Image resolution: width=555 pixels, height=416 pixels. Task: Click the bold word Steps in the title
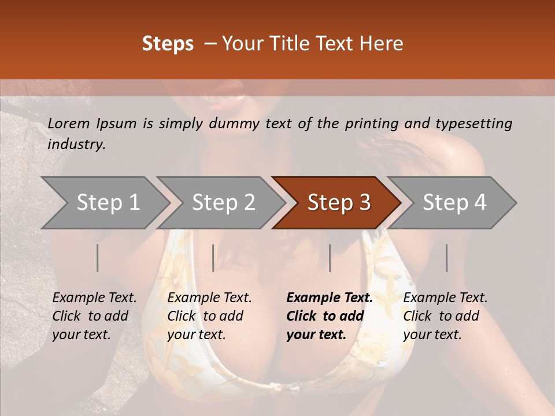click(x=168, y=44)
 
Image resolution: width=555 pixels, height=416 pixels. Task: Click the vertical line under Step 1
click(x=98, y=258)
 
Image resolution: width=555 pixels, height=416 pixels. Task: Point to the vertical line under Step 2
click(x=213, y=258)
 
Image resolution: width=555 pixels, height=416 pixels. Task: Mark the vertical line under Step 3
click(x=330, y=258)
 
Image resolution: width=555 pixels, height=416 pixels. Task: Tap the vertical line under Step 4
click(x=447, y=258)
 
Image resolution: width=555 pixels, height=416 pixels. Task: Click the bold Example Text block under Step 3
click(x=330, y=316)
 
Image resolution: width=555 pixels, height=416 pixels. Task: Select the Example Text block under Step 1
click(x=94, y=316)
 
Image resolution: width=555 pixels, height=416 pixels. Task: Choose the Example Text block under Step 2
click(x=209, y=316)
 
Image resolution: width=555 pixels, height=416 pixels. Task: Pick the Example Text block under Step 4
click(x=445, y=316)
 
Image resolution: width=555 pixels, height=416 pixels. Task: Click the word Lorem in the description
click(x=69, y=124)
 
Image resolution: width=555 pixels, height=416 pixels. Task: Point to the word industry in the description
click(x=76, y=144)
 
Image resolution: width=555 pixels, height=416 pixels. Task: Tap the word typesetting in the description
click(x=473, y=124)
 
